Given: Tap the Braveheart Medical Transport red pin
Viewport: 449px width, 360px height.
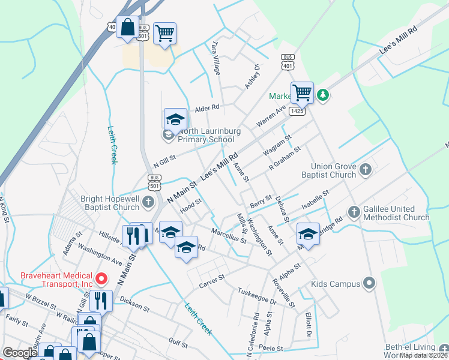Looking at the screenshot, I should [101, 278].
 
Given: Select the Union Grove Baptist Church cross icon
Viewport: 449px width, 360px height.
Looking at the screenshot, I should [364, 170].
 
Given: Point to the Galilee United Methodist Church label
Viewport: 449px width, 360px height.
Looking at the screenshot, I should [397, 213].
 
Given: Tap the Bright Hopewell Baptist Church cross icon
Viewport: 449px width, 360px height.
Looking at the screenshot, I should [148, 203].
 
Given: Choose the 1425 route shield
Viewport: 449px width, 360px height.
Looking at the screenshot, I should [297, 111].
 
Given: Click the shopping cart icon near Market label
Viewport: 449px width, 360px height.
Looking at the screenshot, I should [302, 92].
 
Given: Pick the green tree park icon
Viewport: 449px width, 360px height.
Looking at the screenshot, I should [323, 95].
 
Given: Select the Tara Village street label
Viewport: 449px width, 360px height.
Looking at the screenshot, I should [215, 58].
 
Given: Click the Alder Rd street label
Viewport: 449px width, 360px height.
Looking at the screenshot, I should [208, 109].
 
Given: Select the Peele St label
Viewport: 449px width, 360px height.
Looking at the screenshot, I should [270, 348].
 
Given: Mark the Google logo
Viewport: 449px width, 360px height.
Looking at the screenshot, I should [20, 353].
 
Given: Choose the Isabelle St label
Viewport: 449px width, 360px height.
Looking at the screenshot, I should [316, 200].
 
